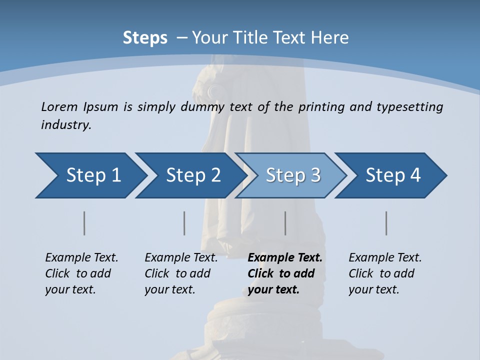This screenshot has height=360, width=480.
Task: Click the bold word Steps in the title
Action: pyautogui.click(x=145, y=37)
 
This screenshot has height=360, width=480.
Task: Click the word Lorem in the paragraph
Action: pyautogui.click(x=58, y=106)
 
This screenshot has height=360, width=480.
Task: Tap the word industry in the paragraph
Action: pyautogui.click(x=65, y=124)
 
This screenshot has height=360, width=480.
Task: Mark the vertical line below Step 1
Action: pyautogui.click(x=84, y=223)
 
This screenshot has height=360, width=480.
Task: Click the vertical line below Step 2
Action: pyautogui.click(x=184, y=223)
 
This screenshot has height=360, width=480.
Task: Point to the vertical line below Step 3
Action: pyautogui.click(x=285, y=223)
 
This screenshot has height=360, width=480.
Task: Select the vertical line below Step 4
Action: pyautogui.click(x=386, y=223)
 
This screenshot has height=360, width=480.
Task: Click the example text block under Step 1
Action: pyautogui.click(x=81, y=273)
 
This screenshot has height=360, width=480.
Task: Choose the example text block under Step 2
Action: pyautogui.click(x=181, y=273)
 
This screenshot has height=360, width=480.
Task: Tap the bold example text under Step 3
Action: pyautogui.click(x=284, y=273)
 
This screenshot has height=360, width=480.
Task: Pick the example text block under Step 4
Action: pyautogui.click(x=385, y=273)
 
